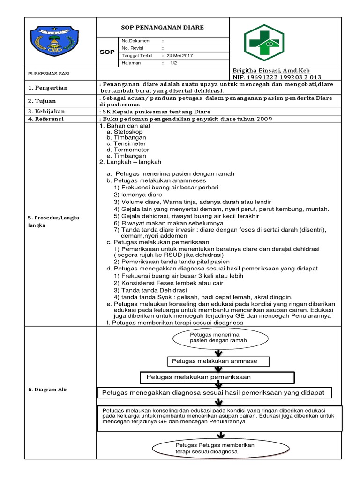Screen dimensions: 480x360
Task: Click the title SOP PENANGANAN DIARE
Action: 163,28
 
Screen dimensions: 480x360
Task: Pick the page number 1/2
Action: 173,63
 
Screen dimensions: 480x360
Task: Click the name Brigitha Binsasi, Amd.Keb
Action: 271,70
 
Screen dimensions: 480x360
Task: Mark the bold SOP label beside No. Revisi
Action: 107,52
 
